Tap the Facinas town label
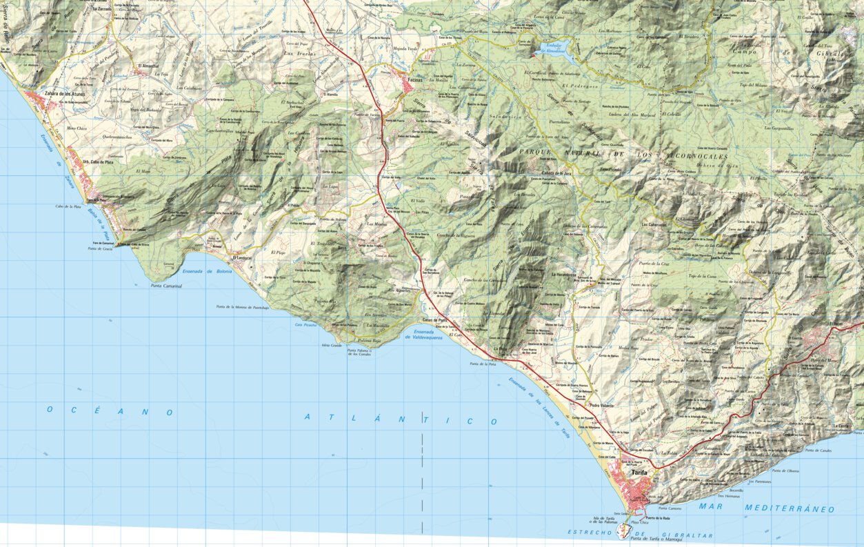(x=415, y=81)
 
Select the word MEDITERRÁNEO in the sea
(x=790, y=508)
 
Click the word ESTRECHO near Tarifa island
(x=591, y=532)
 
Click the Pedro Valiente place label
(x=602, y=406)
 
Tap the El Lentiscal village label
(x=243, y=258)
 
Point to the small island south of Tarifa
(x=623, y=530)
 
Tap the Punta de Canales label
(x=820, y=450)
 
